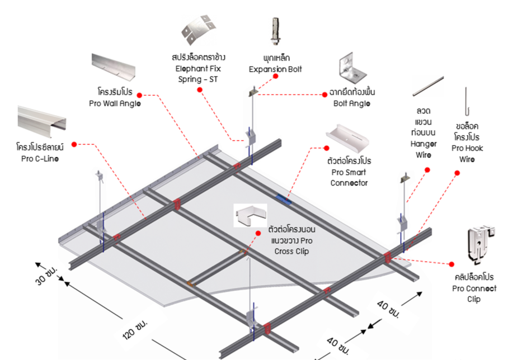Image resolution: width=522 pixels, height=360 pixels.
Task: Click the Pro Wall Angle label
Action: [115, 97]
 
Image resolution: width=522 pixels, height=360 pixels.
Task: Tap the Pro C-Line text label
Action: [40, 153]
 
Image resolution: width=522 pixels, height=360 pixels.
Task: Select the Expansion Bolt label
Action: [275, 63]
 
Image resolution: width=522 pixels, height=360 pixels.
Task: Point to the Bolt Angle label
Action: [351, 98]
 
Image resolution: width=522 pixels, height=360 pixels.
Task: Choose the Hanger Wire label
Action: [424, 132]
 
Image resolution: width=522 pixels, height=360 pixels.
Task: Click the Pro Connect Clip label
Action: [474, 288]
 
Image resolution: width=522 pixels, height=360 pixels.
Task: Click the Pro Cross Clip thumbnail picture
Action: [250, 216]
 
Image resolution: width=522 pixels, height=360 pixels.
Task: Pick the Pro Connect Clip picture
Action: [479, 244]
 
